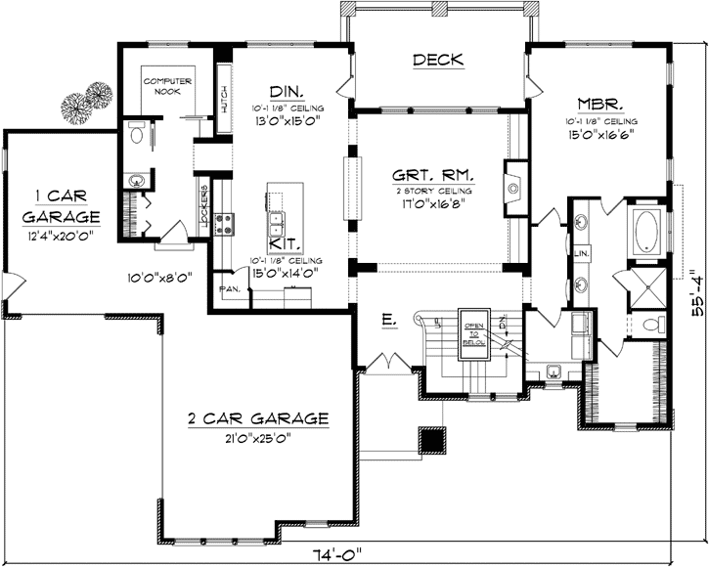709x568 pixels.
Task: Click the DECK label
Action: (438, 61)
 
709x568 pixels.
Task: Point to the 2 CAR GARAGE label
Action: (258, 418)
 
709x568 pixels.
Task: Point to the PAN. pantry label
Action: (229, 289)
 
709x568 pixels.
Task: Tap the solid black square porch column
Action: (431, 442)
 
